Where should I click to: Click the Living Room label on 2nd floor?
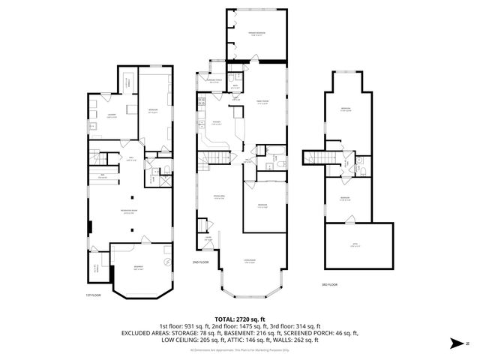[x=250, y=261]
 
